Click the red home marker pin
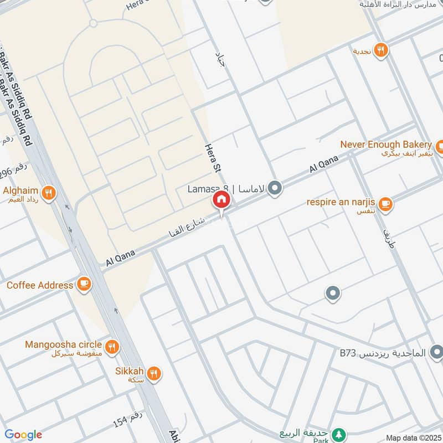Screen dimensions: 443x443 click(221, 200)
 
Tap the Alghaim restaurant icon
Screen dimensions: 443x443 click(49, 193)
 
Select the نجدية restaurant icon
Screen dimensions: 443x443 click(380, 50)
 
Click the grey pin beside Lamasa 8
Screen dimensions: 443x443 click(274, 189)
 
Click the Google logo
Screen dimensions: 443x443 click(23, 435)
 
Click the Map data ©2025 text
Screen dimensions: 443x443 click(413, 438)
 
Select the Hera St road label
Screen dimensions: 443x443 click(210, 157)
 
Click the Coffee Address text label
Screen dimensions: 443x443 click(40, 285)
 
